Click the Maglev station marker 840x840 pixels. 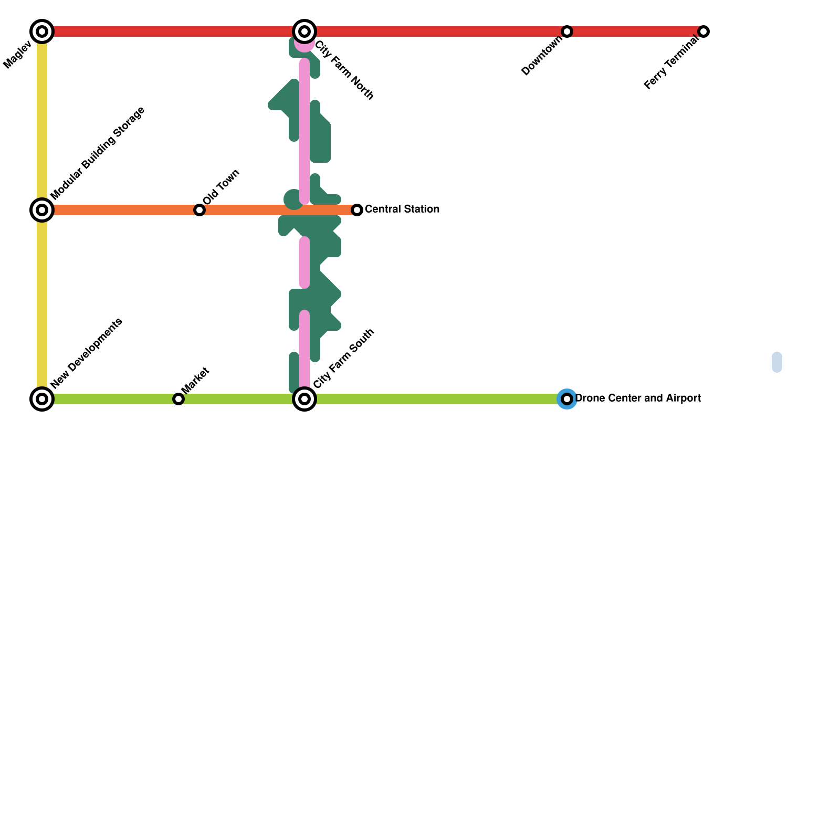click(x=42, y=31)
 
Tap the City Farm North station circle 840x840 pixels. click(x=304, y=31)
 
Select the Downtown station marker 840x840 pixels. click(x=567, y=31)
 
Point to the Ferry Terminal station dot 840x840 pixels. click(x=703, y=31)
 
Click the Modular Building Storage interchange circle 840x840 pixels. click(x=42, y=210)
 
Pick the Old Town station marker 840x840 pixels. click(x=199, y=210)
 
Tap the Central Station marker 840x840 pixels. click(x=357, y=210)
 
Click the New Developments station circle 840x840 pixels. click(x=42, y=399)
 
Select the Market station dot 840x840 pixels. click(x=178, y=399)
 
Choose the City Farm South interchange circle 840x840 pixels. click(x=304, y=399)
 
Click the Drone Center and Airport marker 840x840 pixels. click(x=567, y=399)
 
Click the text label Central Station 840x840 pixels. click(x=402, y=209)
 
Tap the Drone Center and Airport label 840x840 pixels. click(x=638, y=398)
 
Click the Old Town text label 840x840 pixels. click(x=221, y=187)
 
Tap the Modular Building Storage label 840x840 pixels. click(x=98, y=153)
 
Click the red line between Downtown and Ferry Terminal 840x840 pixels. click(x=635, y=31)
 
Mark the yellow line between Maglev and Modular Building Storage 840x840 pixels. click(x=42, y=121)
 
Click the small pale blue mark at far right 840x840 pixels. click(x=777, y=362)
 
